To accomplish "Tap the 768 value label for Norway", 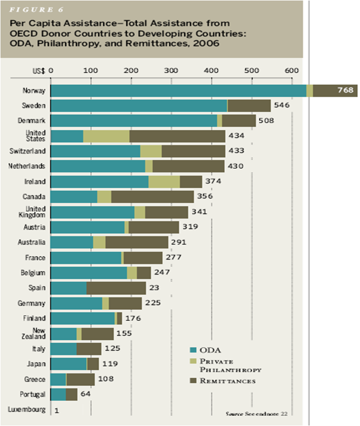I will coord(345,90).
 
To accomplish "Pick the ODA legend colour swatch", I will coord(193,349).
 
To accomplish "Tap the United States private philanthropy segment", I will coord(106,136).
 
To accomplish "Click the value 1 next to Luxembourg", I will coord(56,410).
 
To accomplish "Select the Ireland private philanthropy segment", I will coord(164,182).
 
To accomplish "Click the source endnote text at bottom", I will coord(260,413).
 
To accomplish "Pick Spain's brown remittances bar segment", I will coord(116,288).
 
